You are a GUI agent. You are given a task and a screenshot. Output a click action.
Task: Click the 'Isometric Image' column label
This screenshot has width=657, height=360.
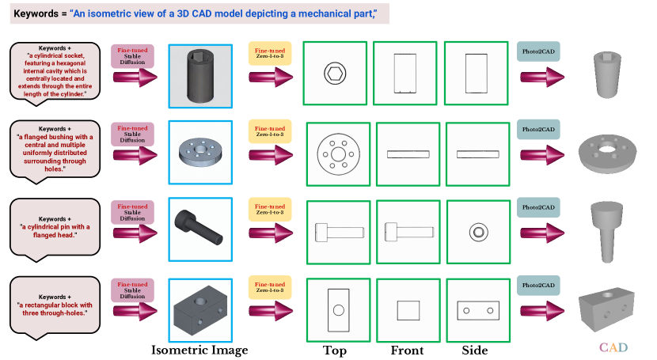tap(199, 350)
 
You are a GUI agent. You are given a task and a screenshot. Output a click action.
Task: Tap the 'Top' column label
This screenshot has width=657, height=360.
tap(335, 350)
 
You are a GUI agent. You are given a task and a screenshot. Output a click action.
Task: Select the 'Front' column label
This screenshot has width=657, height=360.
tap(407, 350)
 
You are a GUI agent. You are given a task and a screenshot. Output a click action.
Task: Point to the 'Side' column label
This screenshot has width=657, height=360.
tap(475, 350)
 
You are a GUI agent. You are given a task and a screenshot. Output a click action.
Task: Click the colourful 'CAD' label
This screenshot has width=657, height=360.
tap(613, 347)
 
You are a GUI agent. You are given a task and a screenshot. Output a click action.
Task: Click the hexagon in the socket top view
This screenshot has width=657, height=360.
tap(335, 74)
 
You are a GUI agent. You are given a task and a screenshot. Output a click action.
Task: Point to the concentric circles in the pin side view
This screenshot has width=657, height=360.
tap(478, 232)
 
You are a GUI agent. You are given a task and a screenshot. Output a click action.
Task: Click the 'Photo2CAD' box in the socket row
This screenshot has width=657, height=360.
tap(538, 51)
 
